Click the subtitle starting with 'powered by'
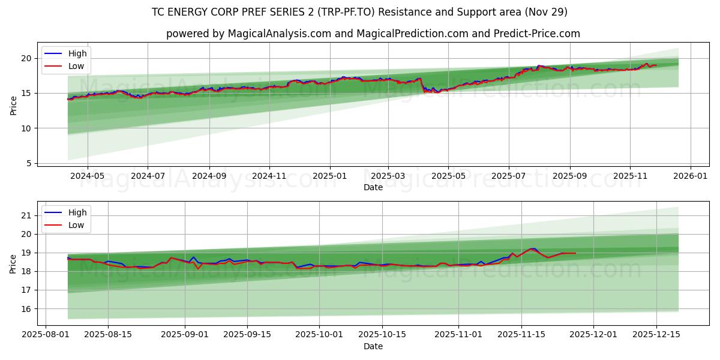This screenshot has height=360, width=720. (x=373, y=34)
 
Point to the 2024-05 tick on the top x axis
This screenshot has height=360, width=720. (x=88, y=176)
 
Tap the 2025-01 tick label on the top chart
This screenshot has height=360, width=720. (x=329, y=176)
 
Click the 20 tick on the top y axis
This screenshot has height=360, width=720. (x=26, y=58)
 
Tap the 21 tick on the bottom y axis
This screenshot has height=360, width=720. (x=26, y=215)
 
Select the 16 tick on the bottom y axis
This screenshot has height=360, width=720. (x=26, y=309)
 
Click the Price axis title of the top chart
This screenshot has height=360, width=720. (x=13, y=105)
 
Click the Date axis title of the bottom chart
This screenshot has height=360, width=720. (x=373, y=346)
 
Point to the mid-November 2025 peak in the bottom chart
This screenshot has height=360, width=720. (x=532, y=248)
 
